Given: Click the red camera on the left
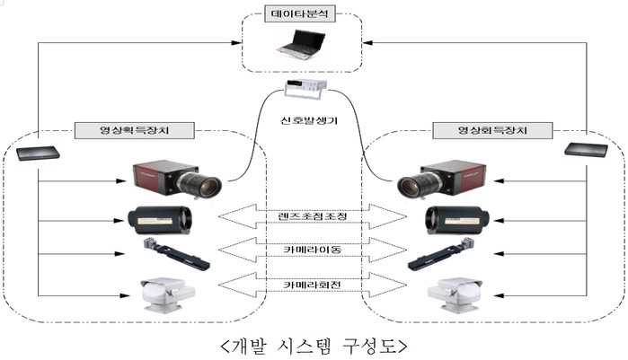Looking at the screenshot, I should point(175,179).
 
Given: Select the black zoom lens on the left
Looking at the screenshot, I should point(161,217).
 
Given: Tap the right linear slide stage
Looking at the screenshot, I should point(441,253).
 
